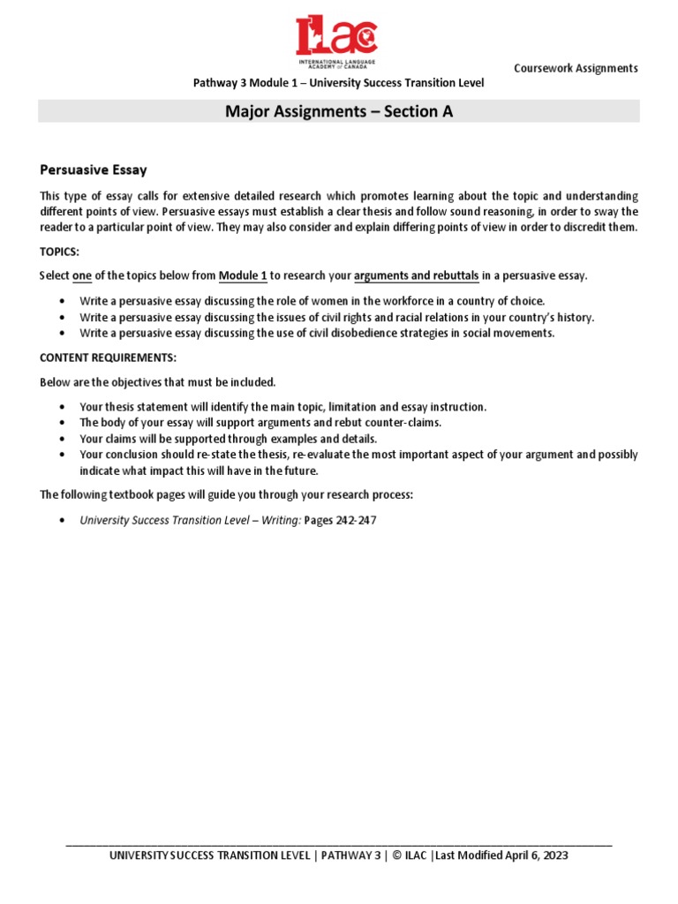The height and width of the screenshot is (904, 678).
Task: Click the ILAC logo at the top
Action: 338,41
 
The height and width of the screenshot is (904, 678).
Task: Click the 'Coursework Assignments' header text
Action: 576,69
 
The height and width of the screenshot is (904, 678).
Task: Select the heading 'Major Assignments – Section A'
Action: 339,111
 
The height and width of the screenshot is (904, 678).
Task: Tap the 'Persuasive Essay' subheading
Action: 94,169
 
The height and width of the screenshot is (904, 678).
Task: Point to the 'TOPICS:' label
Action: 60,252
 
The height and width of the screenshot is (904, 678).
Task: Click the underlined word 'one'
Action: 82,276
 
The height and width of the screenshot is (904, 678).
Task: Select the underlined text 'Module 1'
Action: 243,276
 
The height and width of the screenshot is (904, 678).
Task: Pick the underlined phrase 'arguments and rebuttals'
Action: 416,276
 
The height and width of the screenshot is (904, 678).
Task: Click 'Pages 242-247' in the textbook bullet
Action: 340,521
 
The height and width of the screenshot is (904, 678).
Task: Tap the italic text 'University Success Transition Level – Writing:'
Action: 190,521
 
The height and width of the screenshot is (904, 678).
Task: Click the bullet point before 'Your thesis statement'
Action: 62,408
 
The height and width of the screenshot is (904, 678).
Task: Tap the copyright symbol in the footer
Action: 397,855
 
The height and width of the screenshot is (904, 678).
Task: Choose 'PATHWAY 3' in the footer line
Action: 351,855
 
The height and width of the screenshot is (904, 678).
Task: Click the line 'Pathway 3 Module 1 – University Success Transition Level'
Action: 339,83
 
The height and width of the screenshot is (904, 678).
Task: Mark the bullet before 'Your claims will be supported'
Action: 62,439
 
